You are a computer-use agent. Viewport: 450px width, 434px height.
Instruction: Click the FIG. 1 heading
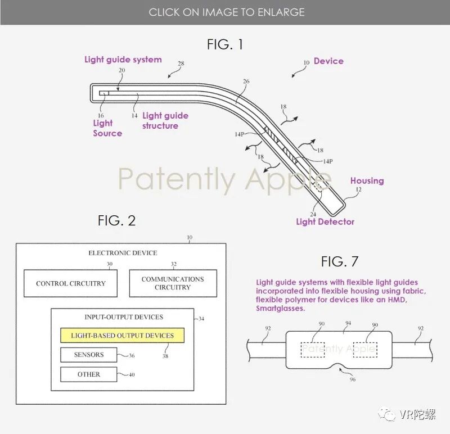pos(225,44)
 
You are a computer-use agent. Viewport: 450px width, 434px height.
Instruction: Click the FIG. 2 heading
pos(116,220)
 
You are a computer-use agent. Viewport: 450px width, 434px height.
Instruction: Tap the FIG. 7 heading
pos(340,261)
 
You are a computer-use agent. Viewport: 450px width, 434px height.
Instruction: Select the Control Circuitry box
pos(70,283)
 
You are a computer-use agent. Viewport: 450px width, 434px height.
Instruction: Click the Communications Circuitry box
pos(173,283)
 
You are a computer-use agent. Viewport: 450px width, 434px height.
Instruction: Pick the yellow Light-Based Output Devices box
pos(122,336)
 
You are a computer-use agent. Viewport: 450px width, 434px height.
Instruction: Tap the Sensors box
pos(89,355)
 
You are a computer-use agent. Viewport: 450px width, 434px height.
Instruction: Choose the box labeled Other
pos(89,374)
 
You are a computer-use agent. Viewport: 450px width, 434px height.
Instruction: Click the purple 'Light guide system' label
pos(123,60)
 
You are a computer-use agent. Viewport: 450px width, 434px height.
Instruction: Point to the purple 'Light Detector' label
pos(325,221)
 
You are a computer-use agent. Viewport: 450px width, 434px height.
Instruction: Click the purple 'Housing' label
pos(367,180)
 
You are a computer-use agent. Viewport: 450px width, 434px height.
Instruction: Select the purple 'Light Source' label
pos(107,128)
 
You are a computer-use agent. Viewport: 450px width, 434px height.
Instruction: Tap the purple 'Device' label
pos(328,61)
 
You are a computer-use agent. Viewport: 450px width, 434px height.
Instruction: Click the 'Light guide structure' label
pos(165,121)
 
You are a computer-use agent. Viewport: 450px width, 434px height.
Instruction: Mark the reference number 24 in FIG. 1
pos(313,214)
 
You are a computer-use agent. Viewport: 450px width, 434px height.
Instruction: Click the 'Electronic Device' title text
pos(123,253)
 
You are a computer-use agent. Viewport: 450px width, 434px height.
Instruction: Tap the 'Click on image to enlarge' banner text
pos(226,12)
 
